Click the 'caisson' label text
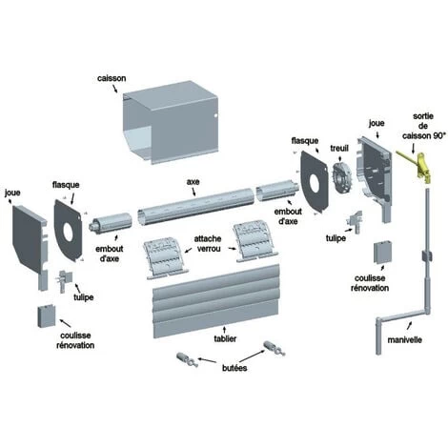tap(112, 78)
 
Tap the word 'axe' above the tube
tap(193, 182)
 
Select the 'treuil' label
tap(339, 148)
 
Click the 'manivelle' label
tap(404, 339)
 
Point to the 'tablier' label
tap(225, 338)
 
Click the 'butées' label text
tap(234, 368)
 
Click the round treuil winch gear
tap(342, 177)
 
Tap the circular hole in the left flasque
tap(68, 231)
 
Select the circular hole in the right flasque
tap(315, 183)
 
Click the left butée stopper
tap(187, 359)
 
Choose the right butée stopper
tap(275, 348)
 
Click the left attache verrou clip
tap(165, 258)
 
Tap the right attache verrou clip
tap(255, 240)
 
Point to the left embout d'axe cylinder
tap(111, 221)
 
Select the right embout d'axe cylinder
tap(276, 190)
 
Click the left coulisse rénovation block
tap(47, 316)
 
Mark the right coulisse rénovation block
tap(382, 253)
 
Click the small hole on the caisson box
tap(215, 115)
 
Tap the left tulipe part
tap(65, 280)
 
